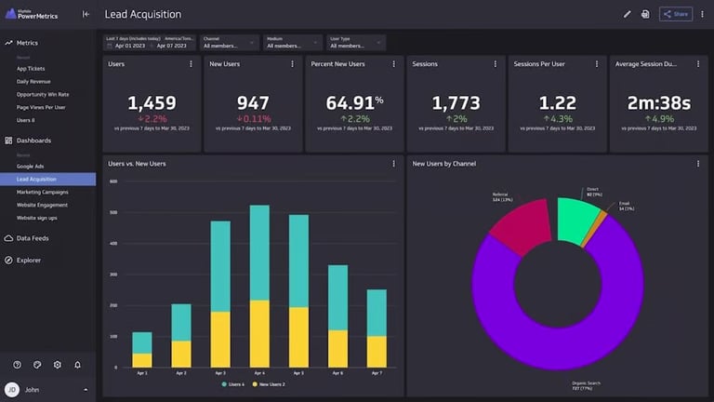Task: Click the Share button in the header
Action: tap(676, 14)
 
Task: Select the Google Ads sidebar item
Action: tap(30, 166)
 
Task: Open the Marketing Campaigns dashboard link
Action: tap(42, 192)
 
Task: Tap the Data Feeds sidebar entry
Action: tap(33, 238)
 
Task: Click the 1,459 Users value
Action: tap(151, 103)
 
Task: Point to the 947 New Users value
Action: tap(253, 103)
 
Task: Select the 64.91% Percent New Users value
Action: tap(354, 103)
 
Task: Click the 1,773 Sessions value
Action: tap(456, 103)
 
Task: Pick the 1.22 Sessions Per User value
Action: tap(557, 103)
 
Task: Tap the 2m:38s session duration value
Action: tap(659, 103)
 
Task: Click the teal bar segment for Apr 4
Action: tap(259, 252)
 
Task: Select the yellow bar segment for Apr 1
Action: tap(142, 360)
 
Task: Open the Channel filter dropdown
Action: tap(229, 42)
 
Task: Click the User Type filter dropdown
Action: tap(356, 42)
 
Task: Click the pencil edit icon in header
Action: tap(627, 14)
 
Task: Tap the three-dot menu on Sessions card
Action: tap(496, 64)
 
